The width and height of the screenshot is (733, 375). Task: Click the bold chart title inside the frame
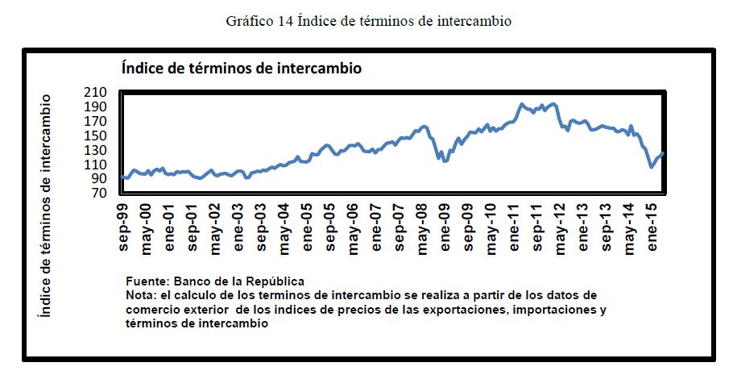(x=241, y=69)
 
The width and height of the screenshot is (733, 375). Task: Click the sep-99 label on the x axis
(x=124, y=230)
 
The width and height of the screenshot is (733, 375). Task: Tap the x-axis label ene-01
(x=170, y=230)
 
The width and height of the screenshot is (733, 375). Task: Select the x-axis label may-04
(x=284, y=230)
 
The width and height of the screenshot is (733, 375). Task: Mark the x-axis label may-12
(x=559, y=230)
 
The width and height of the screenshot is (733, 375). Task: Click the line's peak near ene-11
(x=522, y=104)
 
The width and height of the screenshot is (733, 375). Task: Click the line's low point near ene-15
(x=652, y=167)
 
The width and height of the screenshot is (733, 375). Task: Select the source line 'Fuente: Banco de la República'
(x=215, y=281)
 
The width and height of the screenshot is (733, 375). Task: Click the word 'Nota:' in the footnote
(x=143, y=295)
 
